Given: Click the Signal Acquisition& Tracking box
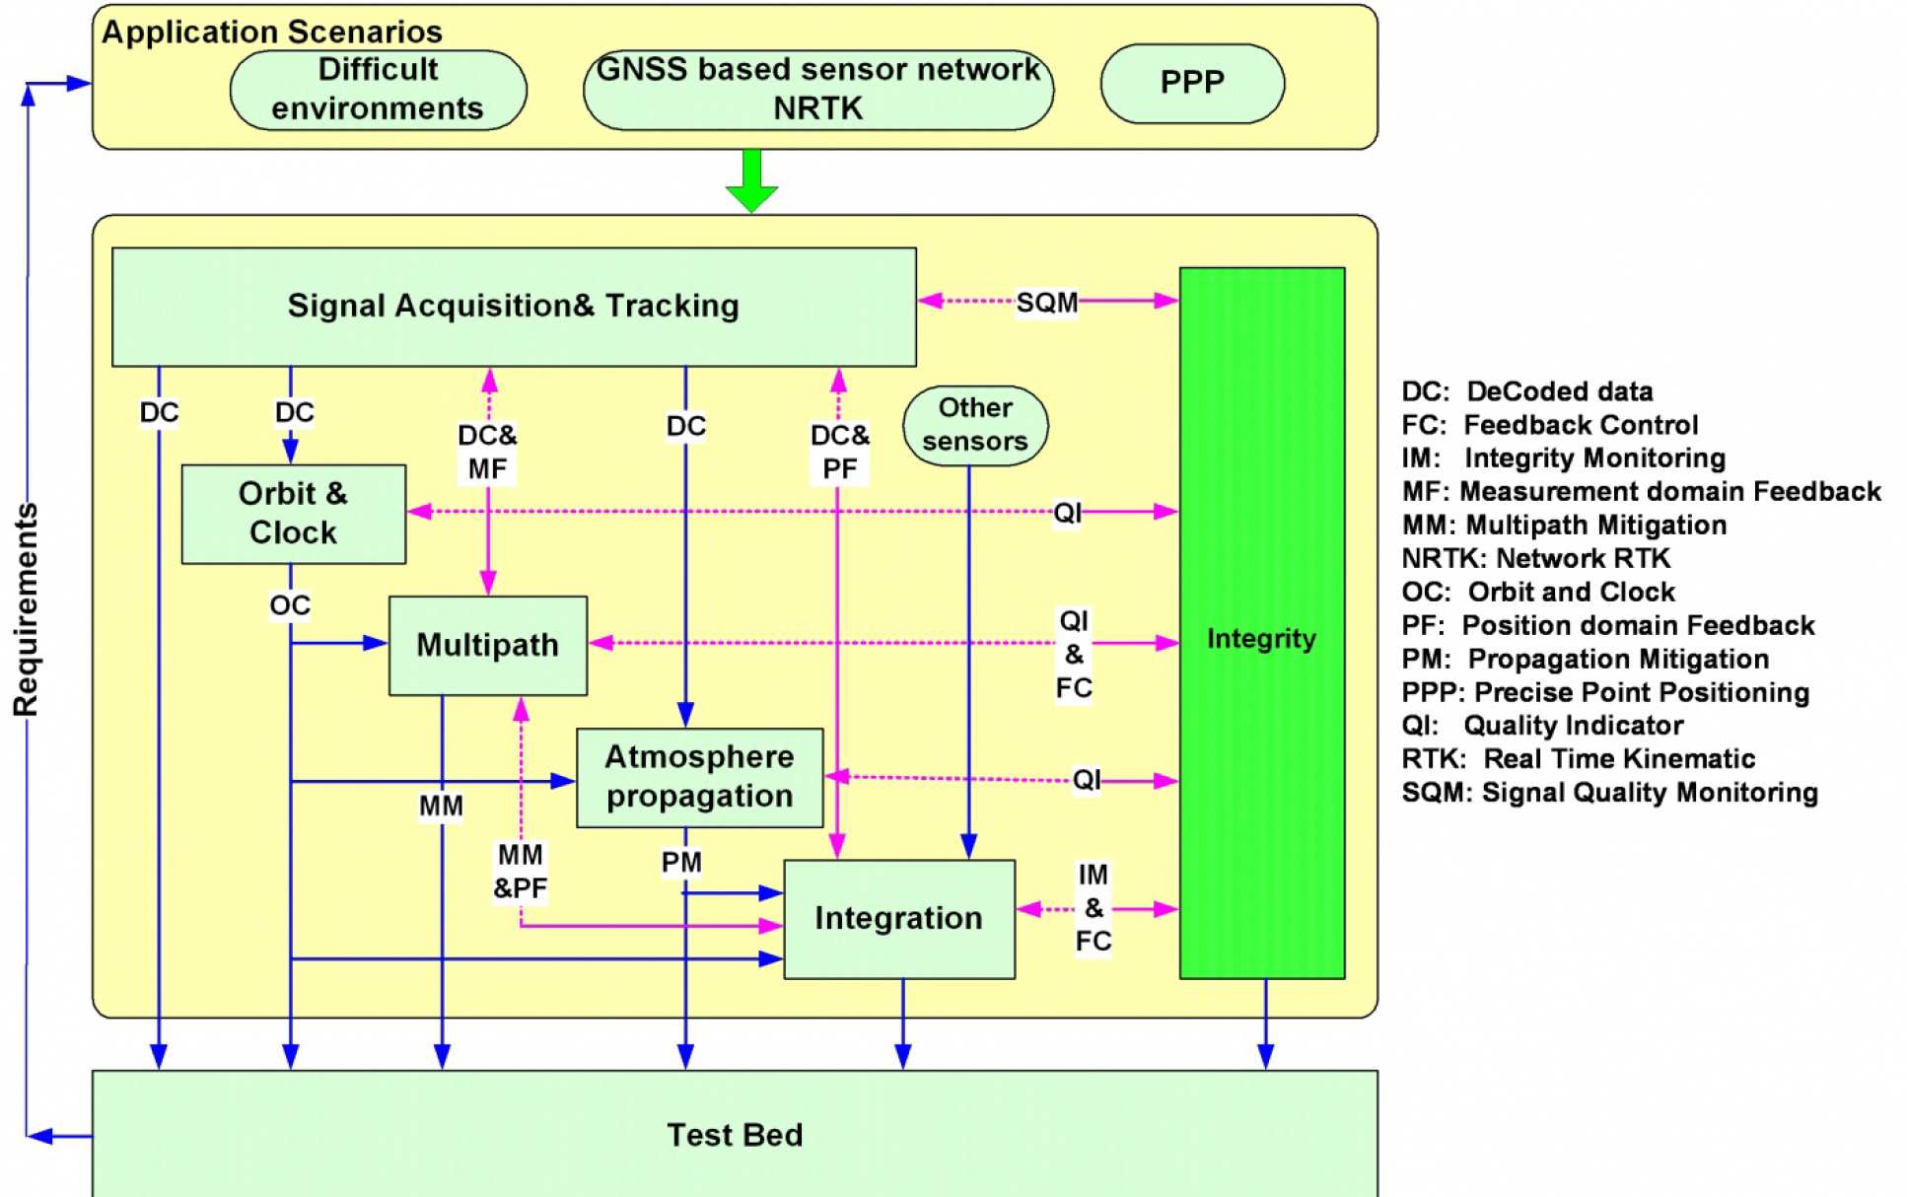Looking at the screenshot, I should click(513, 306).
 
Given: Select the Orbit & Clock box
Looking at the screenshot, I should click(293, 514).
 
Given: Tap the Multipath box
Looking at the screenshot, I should click(487, 645).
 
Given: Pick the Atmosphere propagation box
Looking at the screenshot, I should click(699, 777).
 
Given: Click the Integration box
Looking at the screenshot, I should click(898, 918).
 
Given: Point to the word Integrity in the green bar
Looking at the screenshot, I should click(1261, 639).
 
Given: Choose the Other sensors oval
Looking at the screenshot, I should click(975, 425).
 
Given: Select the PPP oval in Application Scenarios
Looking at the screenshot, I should click(1192, 83).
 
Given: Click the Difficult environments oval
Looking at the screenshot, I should click(378, 89).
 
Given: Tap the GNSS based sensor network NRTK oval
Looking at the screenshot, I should click(817, 89).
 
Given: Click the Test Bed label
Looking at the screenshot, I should click(735, 1135).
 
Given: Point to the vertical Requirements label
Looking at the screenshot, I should click(27, 609).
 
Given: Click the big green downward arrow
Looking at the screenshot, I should click(751, 181).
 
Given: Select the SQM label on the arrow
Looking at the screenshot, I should click(1046, 302).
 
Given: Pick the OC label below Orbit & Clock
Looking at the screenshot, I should click(290, 605).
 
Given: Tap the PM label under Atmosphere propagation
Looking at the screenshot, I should click(681, 863).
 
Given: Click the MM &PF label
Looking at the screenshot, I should click(520, 872).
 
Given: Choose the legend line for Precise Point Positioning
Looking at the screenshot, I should click(1605, 692).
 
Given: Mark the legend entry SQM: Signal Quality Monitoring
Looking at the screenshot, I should click(1609, 793).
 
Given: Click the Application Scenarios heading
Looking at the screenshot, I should click(272, 33).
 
